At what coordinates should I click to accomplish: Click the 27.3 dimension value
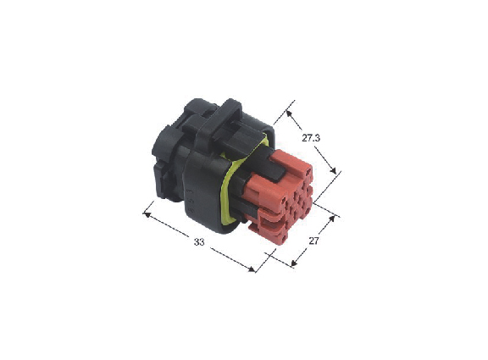pos(311,138)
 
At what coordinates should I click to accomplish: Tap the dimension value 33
pos(199,241)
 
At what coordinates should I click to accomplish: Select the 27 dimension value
pos(314,241)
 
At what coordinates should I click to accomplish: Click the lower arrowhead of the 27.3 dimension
pos(333,170)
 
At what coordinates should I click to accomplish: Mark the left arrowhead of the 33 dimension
pos(147,214)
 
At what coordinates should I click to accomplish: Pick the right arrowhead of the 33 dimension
pos(251,269)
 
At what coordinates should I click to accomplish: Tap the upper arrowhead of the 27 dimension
pos(332,219)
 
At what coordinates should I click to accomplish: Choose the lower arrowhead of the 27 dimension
pos(294,263)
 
